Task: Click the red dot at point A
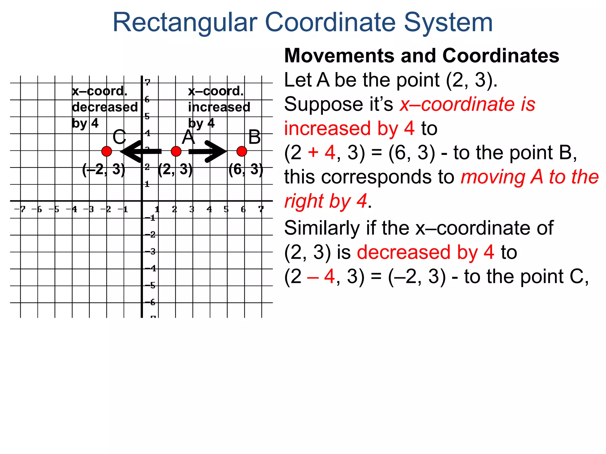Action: click(176, 151)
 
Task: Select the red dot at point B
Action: click(242, 151)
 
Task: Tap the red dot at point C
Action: click(107, 151)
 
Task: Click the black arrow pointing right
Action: click(208, 152)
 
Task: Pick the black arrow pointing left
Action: click(141, 152)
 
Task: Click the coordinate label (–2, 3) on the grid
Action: click(104, 169)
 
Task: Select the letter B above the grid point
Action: click(254, 137)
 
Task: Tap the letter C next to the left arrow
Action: click(119, 137)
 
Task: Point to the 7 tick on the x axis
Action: click(261, 209)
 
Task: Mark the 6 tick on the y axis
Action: click(147, 100)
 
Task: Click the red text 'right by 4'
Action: click(325, 201)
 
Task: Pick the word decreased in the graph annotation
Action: click(105, 107)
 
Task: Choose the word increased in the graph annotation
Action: click(219, 107)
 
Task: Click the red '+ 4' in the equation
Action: click(321, 153)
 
